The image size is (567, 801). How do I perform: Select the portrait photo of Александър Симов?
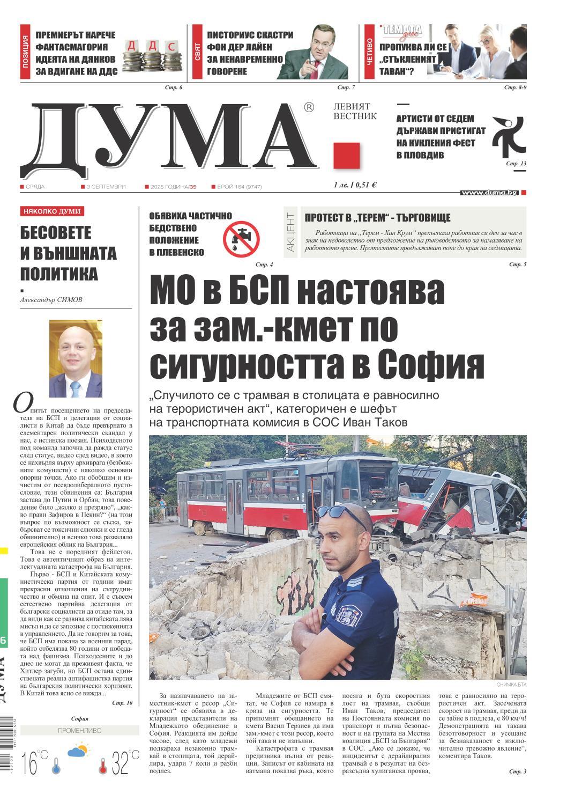click(76, 358)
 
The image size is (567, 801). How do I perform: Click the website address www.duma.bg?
click(489, 192)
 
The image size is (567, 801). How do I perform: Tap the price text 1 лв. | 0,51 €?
click(355, 185)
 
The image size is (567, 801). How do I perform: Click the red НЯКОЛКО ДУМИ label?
click(52, 211)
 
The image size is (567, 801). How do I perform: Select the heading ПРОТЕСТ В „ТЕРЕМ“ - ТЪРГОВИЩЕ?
click(377, 218)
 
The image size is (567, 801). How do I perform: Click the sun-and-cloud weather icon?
click(78, 750)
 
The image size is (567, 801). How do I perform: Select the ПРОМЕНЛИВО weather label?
click(79, 730)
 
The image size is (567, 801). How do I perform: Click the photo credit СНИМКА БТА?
click(511, 685)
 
